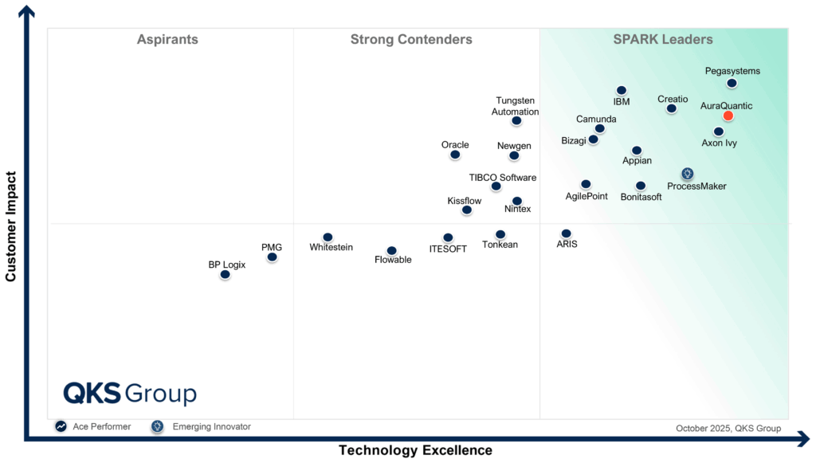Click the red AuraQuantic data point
click(728, 116)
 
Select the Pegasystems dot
click(732, 83)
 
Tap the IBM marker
click(622, 91)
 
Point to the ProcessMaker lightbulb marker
click(687, 174)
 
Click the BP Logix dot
click(225, 274)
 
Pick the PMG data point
click(272, 257)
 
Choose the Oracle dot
click(455, 155)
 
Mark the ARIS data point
click(566, 233)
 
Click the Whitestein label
click(331, 248)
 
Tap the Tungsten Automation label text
click(515, 106)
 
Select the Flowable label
click(393, 260)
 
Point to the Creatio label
click(673, 100)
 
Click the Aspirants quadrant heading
click(167, 40)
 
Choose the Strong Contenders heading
click(411, 40)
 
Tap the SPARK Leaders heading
click(663, 40)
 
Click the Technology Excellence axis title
click(415, 450)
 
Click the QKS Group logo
click(130, 394)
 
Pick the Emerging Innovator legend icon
click(158, 427)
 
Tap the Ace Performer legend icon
click(61, 427)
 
